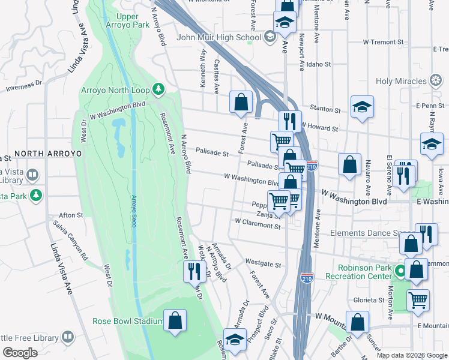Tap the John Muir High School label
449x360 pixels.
point(219,38)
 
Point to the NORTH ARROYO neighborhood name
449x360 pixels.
point(47,154)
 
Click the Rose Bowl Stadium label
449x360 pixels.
point(128,321)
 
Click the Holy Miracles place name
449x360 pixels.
point(400,81)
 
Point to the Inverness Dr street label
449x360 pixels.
point(25,88)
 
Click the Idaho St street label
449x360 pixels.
point(319,64)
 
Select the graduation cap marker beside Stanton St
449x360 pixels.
point(362,107)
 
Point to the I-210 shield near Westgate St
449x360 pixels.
point(306,277)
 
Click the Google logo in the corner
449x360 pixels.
point(20,353)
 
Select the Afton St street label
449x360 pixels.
point(71,215)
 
